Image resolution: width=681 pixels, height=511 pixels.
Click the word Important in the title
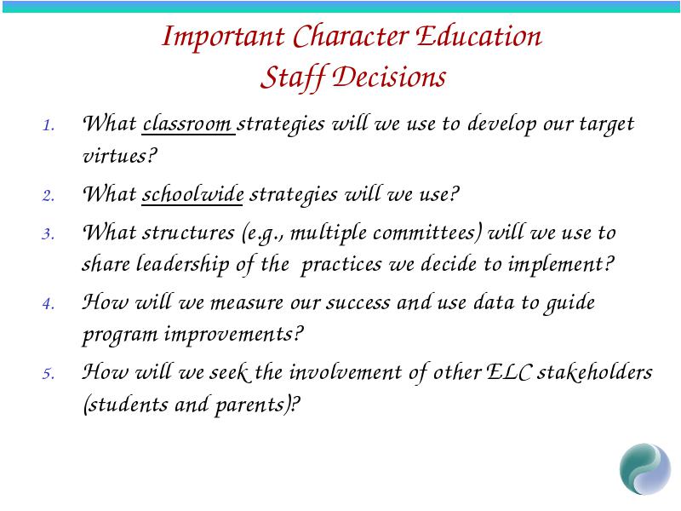[223, 37]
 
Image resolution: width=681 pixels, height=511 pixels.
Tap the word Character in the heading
[351, 36]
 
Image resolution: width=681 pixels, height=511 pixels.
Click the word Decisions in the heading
[389, 77]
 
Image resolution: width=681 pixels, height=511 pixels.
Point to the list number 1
[49, 125]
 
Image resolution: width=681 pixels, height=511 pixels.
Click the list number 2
[49, 196]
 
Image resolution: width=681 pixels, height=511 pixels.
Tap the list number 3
[49, 234]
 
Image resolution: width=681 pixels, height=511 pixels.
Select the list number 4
[49, 303]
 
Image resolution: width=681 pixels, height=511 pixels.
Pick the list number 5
[49, 373]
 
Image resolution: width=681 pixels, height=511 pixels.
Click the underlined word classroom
[187, 123]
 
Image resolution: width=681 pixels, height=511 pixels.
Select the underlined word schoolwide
[193, 193]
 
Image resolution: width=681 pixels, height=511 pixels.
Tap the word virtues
[120, 156]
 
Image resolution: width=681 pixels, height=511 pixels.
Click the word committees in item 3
[427, 233]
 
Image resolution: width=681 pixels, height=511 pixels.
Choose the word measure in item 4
[247, 302]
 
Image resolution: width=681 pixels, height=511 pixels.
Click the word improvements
[233, 335]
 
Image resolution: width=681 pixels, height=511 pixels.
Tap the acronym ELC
[508, 371]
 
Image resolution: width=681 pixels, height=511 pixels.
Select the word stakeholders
[594, 371]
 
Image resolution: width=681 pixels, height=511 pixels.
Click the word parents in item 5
[249, 405]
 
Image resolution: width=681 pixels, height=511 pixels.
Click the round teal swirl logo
[645, 469]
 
